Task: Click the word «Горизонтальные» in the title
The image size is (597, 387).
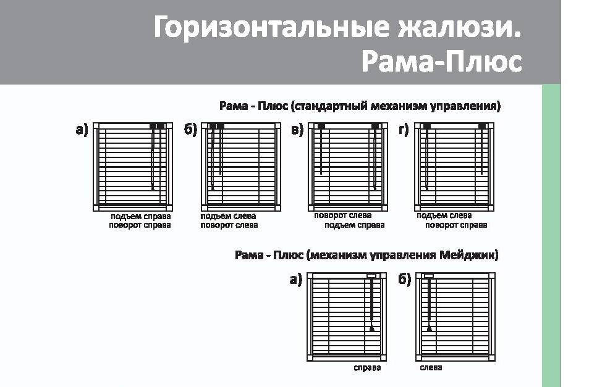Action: [x=271, y=27]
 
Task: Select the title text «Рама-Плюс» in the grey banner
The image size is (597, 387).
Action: [x=442, y=62]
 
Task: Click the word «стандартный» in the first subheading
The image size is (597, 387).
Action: [x=331, y=106]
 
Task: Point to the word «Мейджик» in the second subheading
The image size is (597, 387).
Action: [x=468, y=255]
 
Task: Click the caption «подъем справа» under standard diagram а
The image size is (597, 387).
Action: [x=140, y=216]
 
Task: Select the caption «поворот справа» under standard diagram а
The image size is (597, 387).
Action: [x=140, y=225]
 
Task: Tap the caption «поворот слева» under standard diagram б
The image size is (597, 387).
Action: [x=229, y=225]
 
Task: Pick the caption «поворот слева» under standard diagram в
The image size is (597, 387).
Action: [x=342, y=215]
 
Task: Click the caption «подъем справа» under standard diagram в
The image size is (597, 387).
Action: [x=355, y=225]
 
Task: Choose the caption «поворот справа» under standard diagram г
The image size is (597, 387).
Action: [x=456, y=225]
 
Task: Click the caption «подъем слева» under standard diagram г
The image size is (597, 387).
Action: [x=444, y=215]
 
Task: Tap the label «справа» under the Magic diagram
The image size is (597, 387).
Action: [x=368, y=368]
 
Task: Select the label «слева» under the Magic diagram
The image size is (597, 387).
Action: [x=431, y=368]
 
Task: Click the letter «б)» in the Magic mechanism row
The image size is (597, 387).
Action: [x=405, y=280]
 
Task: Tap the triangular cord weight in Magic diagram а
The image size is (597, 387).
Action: [x=371, y=328]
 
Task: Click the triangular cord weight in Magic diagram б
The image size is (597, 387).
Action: [x=430, y=328]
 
